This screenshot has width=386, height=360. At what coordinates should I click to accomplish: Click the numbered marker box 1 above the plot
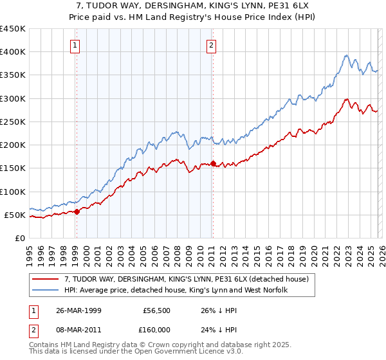click(x=76, y=45)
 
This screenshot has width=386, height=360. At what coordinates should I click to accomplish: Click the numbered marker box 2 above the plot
click(x=212, y=45)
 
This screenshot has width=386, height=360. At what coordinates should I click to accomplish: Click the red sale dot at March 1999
click(x=77, y=211)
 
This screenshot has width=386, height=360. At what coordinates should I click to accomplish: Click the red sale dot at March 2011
click(x=213, y=163)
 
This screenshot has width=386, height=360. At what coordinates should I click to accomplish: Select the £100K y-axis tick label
click(x=13, y=192)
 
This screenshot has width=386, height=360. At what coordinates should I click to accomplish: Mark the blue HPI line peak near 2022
click(x=346, y=55)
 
